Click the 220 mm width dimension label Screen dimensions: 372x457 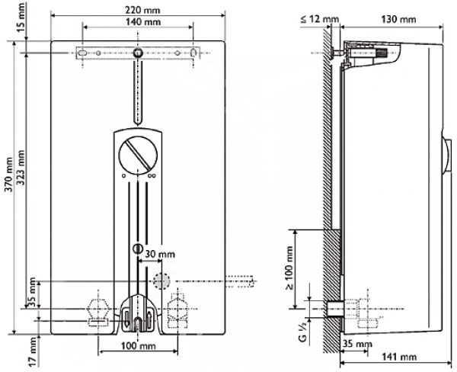pyautogui.click(x=138, y=10)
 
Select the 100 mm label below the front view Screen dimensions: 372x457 pyautogui.click(x=138, y=345)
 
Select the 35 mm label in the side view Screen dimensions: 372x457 pyautogui.click(x=357, y=344)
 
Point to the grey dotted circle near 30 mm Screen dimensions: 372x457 pyautogui.click(x=161, y=281)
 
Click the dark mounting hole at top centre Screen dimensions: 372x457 pyautogui.click(x=138, y=53)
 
